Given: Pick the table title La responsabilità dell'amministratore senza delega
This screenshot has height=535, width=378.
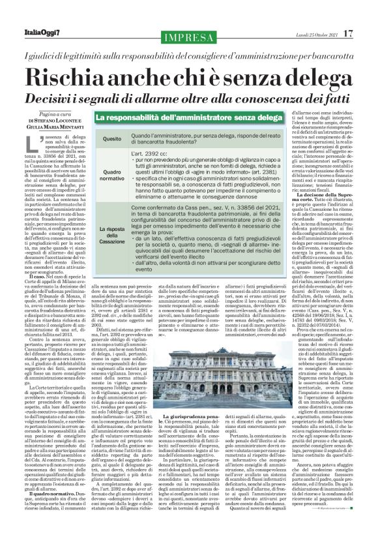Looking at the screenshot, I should pos(174,118).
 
